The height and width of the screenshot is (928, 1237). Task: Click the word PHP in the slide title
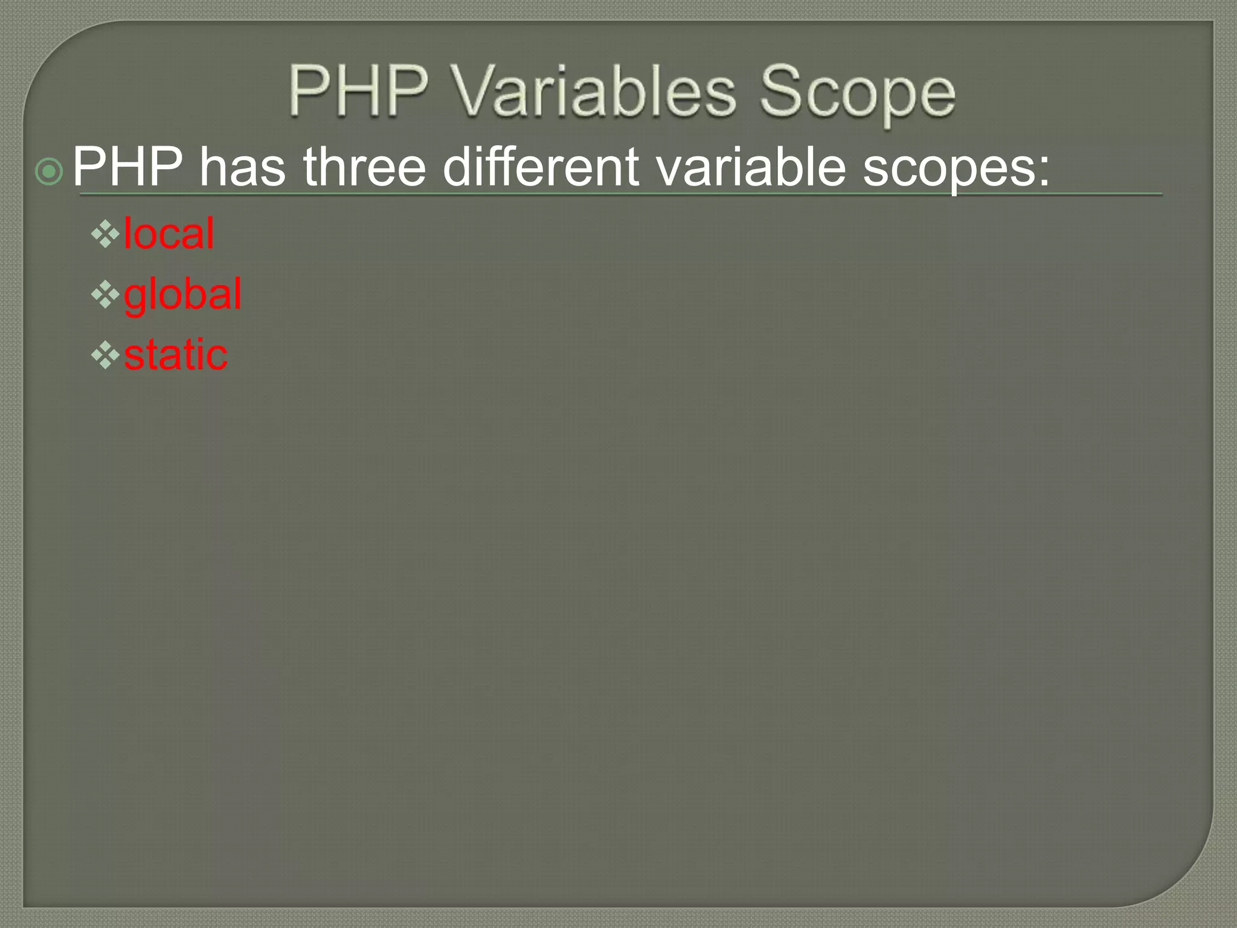(358, 91)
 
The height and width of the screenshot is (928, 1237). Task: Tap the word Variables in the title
(594, 91)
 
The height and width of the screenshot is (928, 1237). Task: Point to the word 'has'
(242, 167)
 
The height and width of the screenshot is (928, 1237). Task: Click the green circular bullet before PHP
(49, 172)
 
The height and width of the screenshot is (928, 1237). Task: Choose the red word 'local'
(169, 233)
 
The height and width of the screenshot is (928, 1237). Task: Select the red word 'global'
(182, 295)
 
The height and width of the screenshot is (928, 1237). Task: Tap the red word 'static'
(176, 355)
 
